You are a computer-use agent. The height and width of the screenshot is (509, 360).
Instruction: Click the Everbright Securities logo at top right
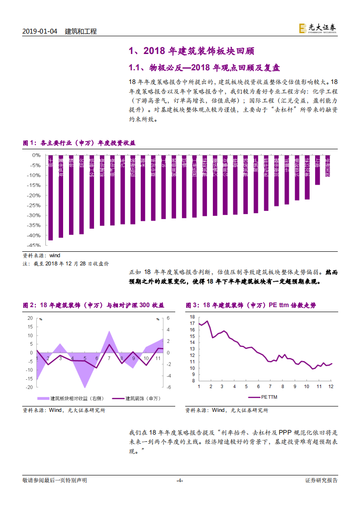point(318,28)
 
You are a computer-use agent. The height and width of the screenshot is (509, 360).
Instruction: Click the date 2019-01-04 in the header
point(40,31)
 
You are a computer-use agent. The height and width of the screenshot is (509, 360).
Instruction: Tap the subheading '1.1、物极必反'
point(155,68)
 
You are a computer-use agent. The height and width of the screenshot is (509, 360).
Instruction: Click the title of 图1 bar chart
point(79,143)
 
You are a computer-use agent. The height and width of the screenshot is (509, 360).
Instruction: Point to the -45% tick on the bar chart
point(34,245)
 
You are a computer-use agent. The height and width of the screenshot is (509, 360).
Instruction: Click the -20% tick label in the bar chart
point(34,195)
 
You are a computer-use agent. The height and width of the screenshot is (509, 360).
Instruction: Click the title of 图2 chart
point(93,305)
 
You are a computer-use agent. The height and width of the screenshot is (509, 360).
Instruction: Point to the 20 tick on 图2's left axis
point(30,318)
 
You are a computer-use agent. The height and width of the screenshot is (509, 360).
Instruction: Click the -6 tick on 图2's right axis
point(168,387)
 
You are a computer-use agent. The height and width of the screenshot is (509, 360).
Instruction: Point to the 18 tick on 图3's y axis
point(192,317)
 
